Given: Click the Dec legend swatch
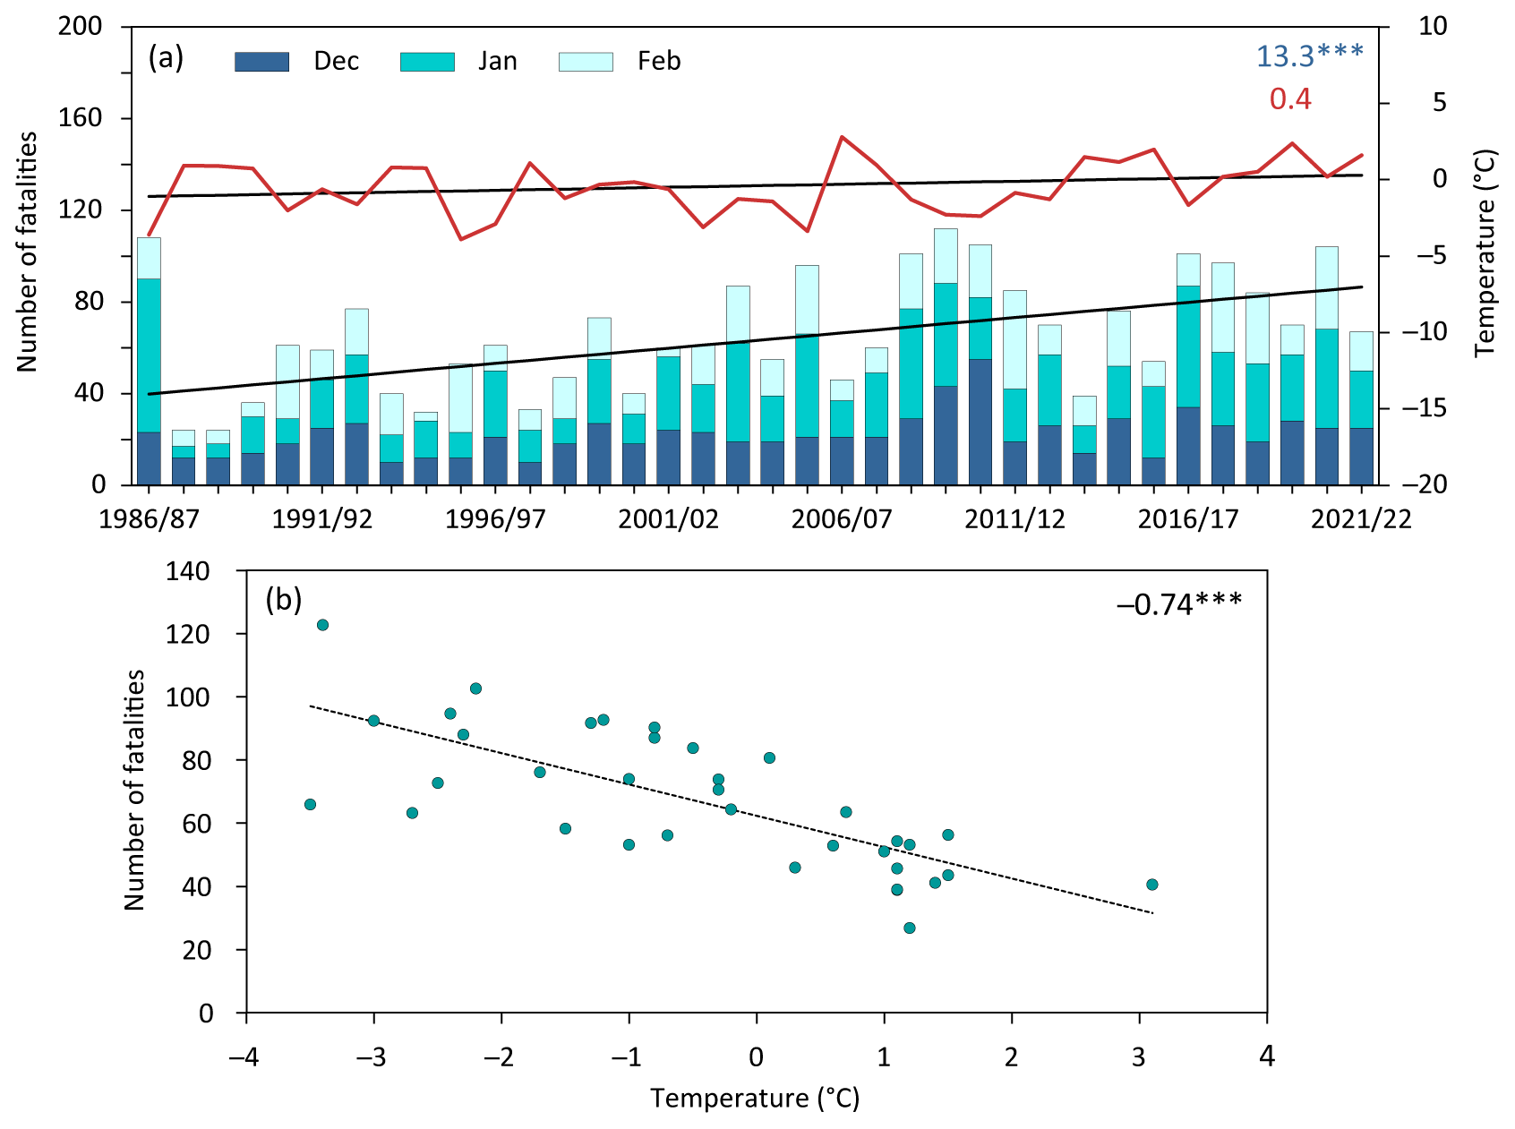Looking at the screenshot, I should (x=261, y=62).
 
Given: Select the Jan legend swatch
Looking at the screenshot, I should (x=427, y=62).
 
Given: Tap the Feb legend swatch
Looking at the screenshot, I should (x=586, y=62).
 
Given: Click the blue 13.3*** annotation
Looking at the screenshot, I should (x=1309, y=56).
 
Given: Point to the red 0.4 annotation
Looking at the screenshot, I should (x=1290, y=98).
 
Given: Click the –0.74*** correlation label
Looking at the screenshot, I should (x=1178, y=604).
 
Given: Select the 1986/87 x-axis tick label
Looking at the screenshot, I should (x=149, y=520).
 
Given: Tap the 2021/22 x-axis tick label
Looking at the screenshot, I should (x=1361, y=520).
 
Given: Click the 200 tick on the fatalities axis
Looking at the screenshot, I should (x=80, y=26).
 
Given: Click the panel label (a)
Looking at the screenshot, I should (x=166, y=58).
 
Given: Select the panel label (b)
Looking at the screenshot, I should (x=284, y=600).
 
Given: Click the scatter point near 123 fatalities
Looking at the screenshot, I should (x=322, y=625).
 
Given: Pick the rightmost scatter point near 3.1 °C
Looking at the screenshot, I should (x=1152, y=885).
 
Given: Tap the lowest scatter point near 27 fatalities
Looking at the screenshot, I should (x=910, y=928).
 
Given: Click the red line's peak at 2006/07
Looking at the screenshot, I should (x=842, y=137).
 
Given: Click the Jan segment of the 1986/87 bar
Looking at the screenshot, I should (x=149, y=355).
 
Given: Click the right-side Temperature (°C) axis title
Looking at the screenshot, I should (x=1485, y=252).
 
